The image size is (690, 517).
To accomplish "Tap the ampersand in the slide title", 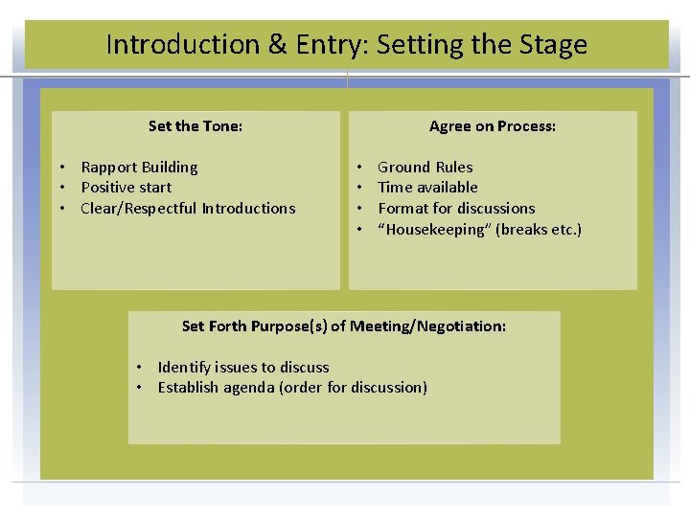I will point(278,45).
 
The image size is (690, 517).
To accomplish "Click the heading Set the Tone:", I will point(195,126).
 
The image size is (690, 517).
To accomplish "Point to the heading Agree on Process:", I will point(493,126).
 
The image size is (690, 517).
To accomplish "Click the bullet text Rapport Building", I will point(139,168).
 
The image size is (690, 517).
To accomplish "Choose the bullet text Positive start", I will point(126,188).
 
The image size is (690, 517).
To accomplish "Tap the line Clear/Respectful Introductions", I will point(188,209).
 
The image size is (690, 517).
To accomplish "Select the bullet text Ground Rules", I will point(425,168).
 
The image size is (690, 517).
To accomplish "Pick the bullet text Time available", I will point(427,188).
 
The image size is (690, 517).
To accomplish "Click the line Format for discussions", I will point(456,209).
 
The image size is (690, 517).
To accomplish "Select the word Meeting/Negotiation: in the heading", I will point(428,326).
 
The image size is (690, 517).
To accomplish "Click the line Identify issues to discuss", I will point(243,368).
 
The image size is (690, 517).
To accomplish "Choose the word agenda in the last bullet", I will point(247,388).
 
